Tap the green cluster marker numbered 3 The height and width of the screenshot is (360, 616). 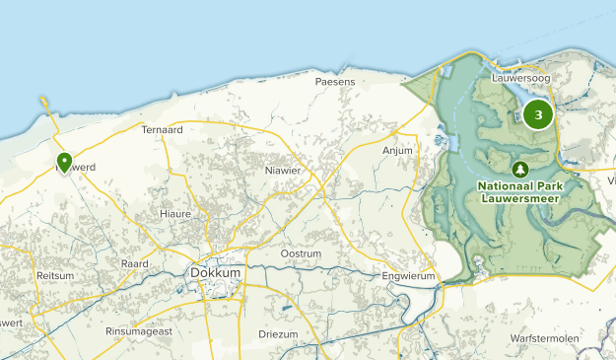coord(537,114)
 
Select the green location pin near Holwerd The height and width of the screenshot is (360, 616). coord(64,163)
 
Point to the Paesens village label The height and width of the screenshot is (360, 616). coord(334,82)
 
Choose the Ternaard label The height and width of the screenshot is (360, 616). coord(163,129)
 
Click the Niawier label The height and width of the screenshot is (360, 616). coord(283,171)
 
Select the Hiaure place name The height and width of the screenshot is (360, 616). coord(175,213)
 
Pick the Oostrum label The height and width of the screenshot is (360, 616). coord(302,253)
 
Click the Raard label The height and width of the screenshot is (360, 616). coord(134,264)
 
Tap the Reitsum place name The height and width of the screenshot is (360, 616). coord(54,275)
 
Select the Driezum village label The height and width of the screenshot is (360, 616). coord(277,335)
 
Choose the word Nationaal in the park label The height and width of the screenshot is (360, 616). coord(505,185)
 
